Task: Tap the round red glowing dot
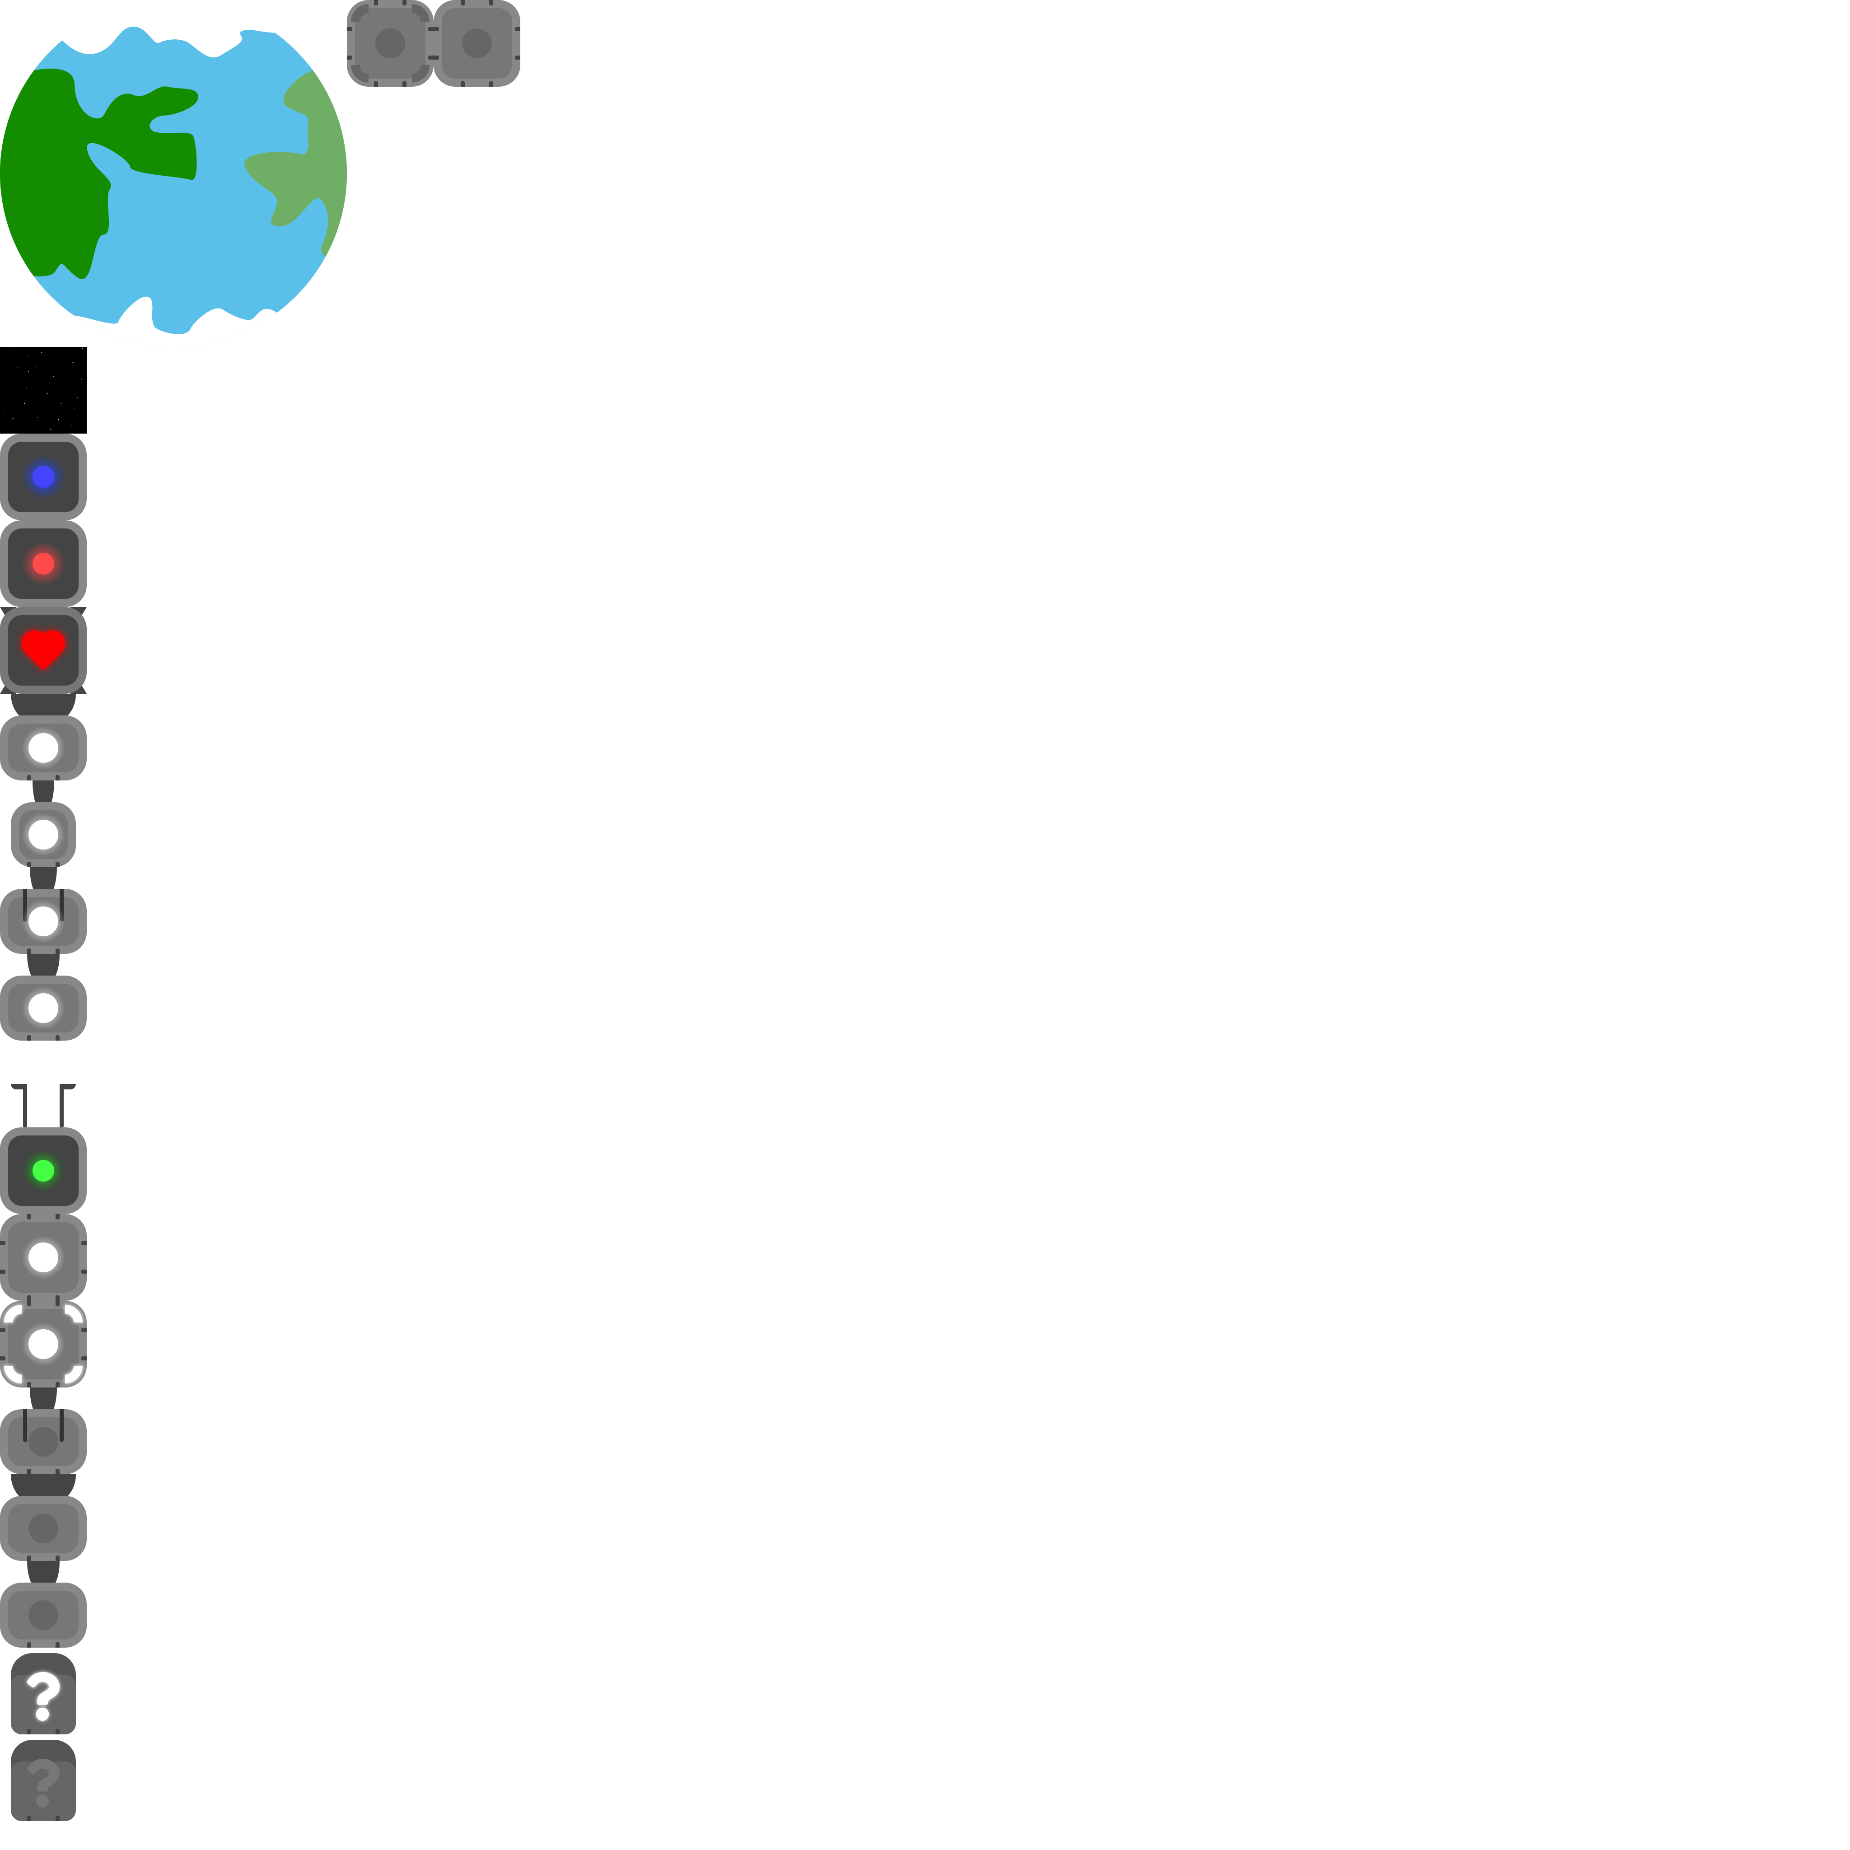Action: (x=43, y=563)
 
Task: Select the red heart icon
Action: (x=43, y=648)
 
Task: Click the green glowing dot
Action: (x=43, y=1170)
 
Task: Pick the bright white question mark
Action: (x=43, y=1695)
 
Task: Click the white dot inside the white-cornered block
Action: (x=43, y=1343)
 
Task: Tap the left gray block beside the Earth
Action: (x=390, y=43)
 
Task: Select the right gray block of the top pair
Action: (x=477, y=43)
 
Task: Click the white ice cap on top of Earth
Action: (x=182, y=24)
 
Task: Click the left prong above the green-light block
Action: (x=23, y=1106)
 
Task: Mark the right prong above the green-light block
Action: (x=63, y=1106)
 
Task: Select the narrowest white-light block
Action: (x=43, y=834)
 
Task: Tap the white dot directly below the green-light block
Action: (x=43, y=1257)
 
